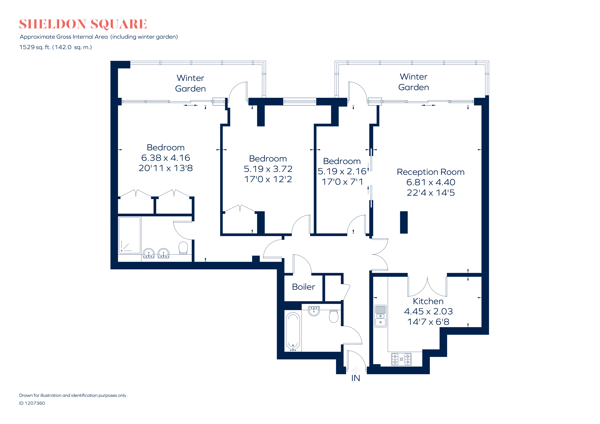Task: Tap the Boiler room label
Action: [x=303, y=287]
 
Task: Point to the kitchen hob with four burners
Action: [x=401, y=359]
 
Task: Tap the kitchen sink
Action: [x=381, y=316]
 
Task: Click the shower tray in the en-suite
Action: [x=130, y=235]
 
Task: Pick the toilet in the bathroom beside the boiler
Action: [x=334, y=316]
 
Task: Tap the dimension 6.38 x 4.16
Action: [x=166, y=158]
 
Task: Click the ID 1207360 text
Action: [x=32, y=403]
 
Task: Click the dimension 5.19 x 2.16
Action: [x=342, y=171]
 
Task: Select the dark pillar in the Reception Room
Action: [x=404, y=222]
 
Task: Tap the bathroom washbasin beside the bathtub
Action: [x=314, y=311]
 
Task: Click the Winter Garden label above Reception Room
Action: [x=414, y=82]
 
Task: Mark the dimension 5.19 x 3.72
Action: [x=268, y=169]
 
